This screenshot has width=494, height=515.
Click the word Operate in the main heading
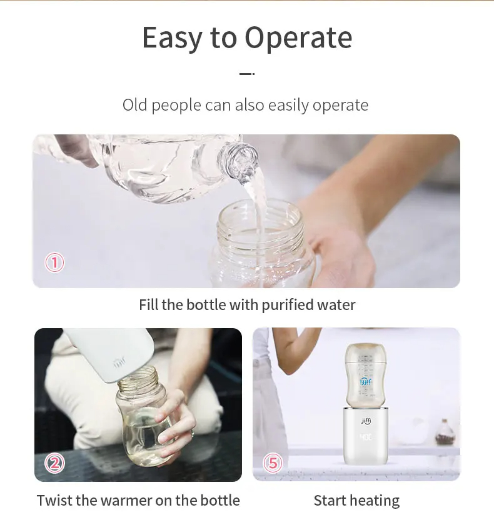coord(298,38)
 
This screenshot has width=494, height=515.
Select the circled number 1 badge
coord(54,262)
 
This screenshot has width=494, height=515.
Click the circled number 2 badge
coord(54,462)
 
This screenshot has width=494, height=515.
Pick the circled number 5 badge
coord(273,462)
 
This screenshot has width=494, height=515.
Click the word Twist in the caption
coord(54,501)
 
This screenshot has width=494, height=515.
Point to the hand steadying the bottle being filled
coord(342,249)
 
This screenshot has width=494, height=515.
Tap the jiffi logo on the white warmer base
coord(366,421)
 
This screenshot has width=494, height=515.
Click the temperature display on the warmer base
coord(366,437)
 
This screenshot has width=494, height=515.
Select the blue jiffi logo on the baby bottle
coord(366,382)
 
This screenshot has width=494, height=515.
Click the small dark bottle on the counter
coord(445,432)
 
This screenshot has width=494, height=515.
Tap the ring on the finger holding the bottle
coord(193,434)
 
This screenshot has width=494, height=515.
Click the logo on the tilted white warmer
coord(119,363)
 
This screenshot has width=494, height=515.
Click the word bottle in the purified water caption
coord(206,305)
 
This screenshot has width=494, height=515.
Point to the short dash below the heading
coord(247,74)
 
